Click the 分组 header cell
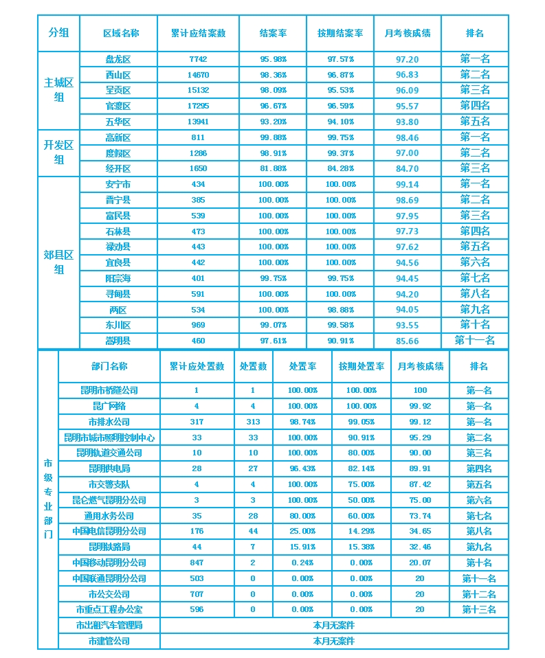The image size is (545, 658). tap(58, 33)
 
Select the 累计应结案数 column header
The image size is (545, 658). tap(198, 33)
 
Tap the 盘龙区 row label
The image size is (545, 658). tap(118, 60)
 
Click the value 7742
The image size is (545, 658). tap(198, 60)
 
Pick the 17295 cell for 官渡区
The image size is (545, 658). tap(198, 106)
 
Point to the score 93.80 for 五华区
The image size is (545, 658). tap(408, 122)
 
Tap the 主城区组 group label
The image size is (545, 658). tap(58, 90)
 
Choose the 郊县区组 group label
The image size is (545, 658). tap(58, 262)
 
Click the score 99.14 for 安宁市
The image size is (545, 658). tap(408, 185)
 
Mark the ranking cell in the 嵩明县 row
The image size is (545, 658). tap(474, 341)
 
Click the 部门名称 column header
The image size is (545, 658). tap(109, 367)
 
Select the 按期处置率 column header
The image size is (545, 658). tap(361, 367)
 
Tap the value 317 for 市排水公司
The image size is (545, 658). tap(197, 422)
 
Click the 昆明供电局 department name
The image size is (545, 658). tap(109, 469)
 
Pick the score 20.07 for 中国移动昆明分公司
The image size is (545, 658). tap(420, 563)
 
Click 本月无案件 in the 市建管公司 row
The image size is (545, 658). tap(334, 642)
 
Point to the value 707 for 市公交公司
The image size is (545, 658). tap(197, 594)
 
